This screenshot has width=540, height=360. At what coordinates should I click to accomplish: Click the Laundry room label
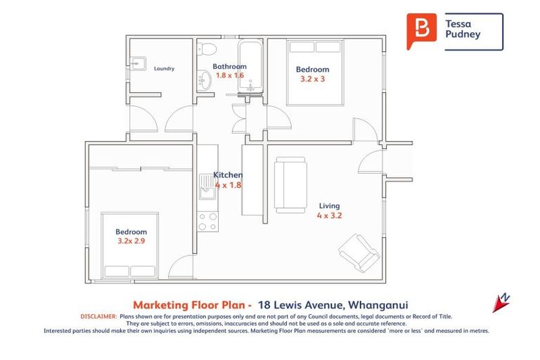[163, 69]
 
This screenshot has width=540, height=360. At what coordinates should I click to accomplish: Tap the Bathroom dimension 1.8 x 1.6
[229, 75]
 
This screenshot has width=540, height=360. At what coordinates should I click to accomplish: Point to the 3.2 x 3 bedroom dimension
[312, 79]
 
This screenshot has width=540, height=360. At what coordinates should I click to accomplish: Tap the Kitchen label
[228, 175]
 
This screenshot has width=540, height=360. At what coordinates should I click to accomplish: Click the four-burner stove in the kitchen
[207, 222]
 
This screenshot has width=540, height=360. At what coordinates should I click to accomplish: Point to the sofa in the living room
[290, 184]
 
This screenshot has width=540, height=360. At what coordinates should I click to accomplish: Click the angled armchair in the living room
[359, 252]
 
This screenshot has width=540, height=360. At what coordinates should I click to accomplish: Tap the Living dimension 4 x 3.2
[329, 216]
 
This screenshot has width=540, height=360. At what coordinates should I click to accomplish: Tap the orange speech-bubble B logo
[421, 31]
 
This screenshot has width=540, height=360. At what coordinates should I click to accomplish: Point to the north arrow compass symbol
[501, 302]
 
